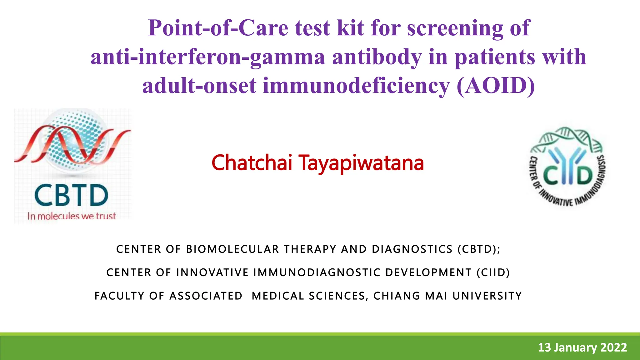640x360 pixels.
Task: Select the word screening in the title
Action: tap(455, 28)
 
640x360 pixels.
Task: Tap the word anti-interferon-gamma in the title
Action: tap(208, 57)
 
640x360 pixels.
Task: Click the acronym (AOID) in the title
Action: tap(496, 86)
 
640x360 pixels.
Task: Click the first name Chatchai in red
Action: tap(252, 163)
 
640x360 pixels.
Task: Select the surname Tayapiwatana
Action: tap(361, 163)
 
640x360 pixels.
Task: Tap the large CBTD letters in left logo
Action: tap(71, 196)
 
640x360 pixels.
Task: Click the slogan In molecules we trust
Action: tap(72, 216)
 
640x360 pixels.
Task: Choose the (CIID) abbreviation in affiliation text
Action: tap(493, 273)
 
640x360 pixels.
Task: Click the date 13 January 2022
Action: tap(582, 347)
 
